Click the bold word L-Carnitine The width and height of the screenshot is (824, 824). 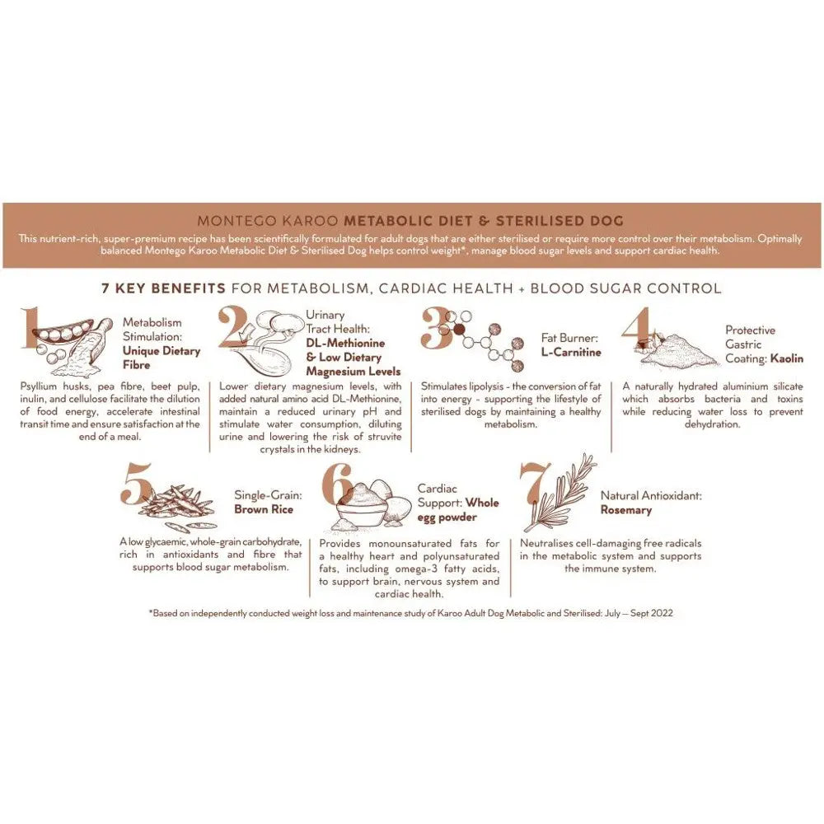571,352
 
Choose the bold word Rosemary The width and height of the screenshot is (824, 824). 625,510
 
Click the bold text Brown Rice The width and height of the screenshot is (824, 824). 263,509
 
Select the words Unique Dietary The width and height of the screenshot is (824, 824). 162,351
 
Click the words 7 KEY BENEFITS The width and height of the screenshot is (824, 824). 163,288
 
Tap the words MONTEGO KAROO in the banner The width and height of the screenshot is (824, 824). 269,221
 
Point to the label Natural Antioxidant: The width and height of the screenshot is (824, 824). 651,496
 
